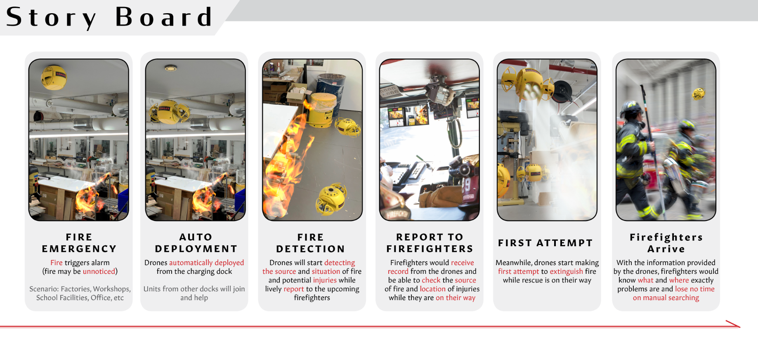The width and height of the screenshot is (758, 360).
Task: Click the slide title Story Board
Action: (x=109, y=17)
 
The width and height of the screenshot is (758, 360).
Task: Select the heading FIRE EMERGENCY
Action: (x=79, y=243)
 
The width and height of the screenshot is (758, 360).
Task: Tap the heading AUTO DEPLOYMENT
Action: (x=196, y=243)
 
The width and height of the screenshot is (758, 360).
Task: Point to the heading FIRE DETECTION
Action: (x=310, y=243)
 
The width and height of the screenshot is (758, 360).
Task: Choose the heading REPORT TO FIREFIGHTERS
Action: (x=430, y=243)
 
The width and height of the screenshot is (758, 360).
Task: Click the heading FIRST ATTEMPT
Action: (x=545, y=243)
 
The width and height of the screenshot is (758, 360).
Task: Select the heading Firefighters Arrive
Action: (x=666, y=243)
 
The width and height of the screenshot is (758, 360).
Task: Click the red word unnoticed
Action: (x=99, y=271)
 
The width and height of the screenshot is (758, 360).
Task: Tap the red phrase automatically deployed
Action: (x=206, y=263)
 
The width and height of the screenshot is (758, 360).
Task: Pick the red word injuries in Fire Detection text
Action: (x=325, y=280)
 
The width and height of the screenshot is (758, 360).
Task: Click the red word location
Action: (x=432, y=289)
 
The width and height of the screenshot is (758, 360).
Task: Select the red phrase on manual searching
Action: (x=666, y=298)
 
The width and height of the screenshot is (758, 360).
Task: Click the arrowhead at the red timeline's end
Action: (x=740, y=327)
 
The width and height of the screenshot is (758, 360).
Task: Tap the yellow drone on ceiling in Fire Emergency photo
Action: (x=54, y=77)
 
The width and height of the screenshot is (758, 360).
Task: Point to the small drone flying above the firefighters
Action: (x=698, y=94)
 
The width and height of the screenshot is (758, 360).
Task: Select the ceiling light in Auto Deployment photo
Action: (x=171, y=68)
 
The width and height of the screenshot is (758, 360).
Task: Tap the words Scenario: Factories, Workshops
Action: (x=80, y=289)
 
